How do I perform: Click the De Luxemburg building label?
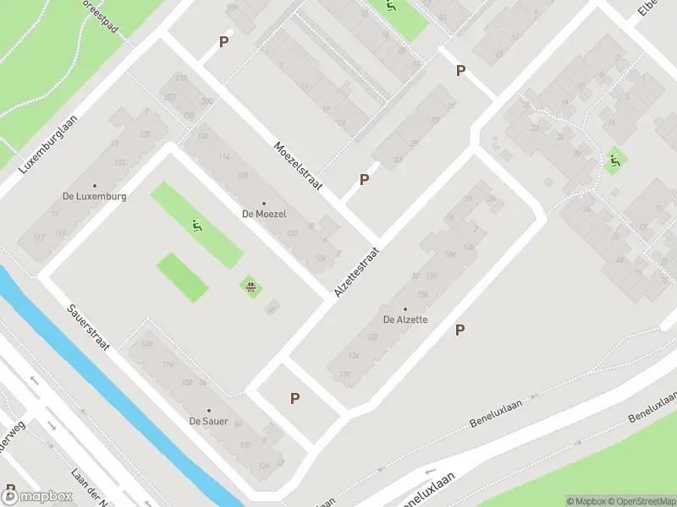pos(95,196)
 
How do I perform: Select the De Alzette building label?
pos(405,319)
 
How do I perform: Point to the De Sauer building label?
pos(208,421)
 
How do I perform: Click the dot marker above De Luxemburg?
pos(95,185)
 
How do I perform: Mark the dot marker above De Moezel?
pos(264,203)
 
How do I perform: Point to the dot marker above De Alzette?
pos(405,308)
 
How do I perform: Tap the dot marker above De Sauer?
pos(208,410)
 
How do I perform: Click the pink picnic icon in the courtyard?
pos(250,286)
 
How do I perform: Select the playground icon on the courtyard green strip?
pos(196,225)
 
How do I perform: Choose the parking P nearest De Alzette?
pos(460,330)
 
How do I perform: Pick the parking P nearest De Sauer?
pos(295,398)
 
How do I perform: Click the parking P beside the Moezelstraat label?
pos(364,179)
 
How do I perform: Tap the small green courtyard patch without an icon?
pos(182,277)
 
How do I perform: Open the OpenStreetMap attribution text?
pos(641,501)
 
